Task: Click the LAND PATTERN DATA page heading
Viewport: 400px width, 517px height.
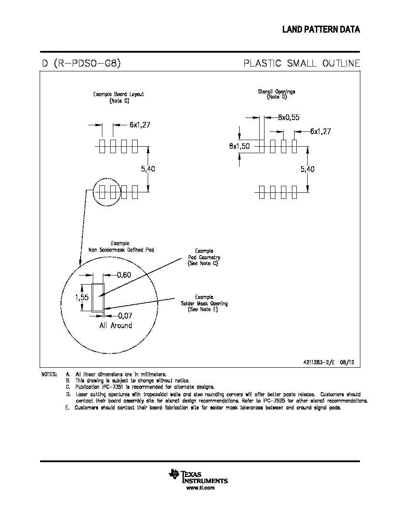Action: click(321, 30)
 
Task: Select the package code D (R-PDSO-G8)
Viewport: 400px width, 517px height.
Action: click(81, 63)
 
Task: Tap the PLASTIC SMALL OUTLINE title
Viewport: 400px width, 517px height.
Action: click(302, 63)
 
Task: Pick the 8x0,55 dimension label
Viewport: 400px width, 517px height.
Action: click(289, 117)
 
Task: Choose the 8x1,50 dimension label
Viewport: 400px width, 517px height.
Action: click(240, 146)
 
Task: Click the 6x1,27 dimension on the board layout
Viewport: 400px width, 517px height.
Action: click(140, 124)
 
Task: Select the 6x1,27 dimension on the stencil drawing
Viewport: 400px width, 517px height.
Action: click(320, 131)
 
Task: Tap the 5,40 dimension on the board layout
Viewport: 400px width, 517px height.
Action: click(148, 169)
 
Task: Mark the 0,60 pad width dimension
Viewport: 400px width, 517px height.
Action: click(124, 275)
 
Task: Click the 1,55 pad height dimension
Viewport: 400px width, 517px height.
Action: click(82, 297)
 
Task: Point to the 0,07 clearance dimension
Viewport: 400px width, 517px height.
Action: click(125, 316)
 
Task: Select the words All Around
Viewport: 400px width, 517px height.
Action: click(116, 326)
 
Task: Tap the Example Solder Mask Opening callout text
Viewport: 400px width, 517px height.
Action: click(204, 303)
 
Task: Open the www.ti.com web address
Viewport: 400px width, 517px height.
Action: click(200, 488)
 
